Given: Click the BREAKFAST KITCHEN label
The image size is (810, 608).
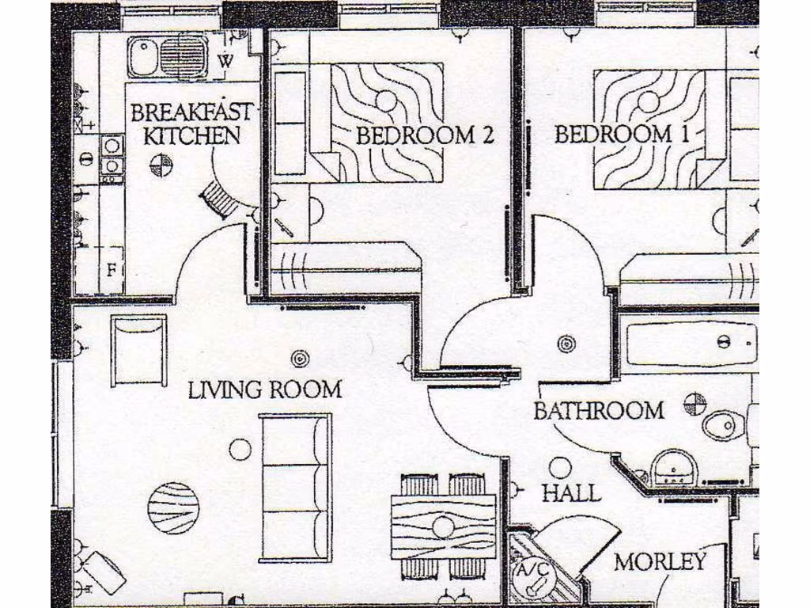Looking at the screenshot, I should click(191, 123).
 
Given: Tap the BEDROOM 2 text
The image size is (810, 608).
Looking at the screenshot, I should click(425, 135).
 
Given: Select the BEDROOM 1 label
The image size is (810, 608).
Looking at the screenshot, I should click(622, 134).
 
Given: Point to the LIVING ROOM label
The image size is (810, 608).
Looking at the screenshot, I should click(265, 389).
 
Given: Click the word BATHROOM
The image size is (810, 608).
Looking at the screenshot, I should click(599, 411).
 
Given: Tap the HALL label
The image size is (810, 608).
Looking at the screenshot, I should click(571, 493).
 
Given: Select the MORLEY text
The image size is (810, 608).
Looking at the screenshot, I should click(660, 562).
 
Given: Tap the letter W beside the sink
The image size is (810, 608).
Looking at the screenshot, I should click(225, 60).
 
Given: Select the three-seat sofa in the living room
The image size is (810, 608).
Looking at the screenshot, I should click(295, 487).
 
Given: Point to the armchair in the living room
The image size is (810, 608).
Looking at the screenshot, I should click(138, 350).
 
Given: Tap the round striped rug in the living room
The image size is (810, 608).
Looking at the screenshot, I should click(173, 508).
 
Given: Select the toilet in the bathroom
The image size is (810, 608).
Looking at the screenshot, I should click(724, 425).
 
